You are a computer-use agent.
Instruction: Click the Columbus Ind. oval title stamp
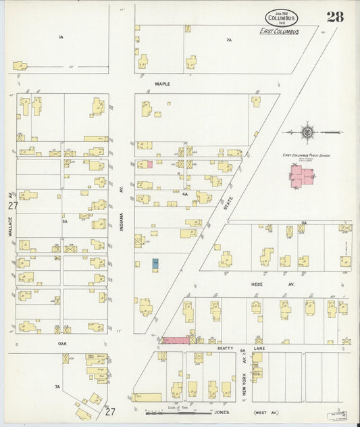pyautogui.click(x=281, y=18)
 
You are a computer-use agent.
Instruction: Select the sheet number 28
pyautogui.click(x=335, y=17)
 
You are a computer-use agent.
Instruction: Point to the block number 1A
pyautogui.click(x=60, y=36)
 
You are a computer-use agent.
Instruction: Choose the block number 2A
pyautogui.click(x=229, y=41)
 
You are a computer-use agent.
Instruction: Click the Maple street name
pyautogui.click(x=162, y=84)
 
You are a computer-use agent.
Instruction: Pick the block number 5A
pyautogui.click(x=65, y=221)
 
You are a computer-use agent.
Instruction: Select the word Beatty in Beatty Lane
pyautogui.click(x=226, y=348)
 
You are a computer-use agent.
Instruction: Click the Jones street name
pyautogui.click(x=222, y=411)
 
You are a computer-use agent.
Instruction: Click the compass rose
pyautogui.click(x=307, y=132)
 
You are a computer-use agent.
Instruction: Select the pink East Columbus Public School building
pyautogui.click(x=301, y=176)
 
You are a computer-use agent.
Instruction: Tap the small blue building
pyautogui.click(x=155, y=264)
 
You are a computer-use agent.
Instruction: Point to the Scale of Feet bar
pyautogui.click(x=178, y=411)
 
